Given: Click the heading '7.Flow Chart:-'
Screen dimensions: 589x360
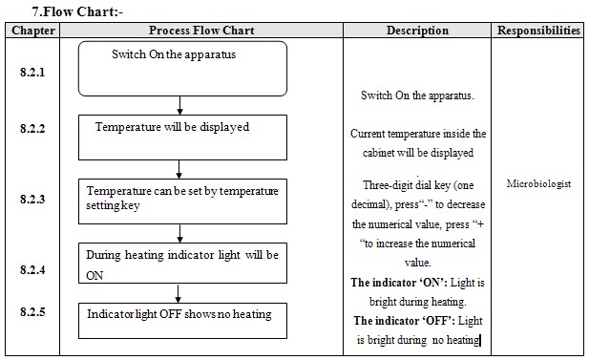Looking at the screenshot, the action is [x=77, y=11].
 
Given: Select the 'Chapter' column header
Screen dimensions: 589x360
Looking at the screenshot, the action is [x=33, y=31].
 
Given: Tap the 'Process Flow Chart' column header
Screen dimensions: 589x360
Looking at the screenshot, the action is [x=201, y=31].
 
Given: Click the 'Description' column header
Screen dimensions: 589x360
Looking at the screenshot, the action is [x=417, y=31].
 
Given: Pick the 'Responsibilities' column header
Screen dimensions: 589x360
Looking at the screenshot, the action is [x=538, y=31].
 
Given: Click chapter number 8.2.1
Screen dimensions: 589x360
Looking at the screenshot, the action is [x=32, y=72].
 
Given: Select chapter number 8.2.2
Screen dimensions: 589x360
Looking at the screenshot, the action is [x=32, y=129].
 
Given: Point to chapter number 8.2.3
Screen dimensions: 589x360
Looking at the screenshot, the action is [x=32, y=199].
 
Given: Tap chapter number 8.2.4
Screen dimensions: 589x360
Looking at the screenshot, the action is [x=32, y=269].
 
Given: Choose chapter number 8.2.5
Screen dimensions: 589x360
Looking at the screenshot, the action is [x=32, y=311].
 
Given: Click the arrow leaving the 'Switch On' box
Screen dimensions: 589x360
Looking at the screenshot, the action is [x=179, y=106].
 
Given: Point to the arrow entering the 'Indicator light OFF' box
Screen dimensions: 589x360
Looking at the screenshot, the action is [x=179, y=293].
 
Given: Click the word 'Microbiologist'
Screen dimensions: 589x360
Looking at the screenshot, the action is [x=538, y=183].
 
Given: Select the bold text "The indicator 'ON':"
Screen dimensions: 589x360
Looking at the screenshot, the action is [x=399, y=283].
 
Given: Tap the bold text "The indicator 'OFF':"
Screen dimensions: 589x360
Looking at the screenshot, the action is [x=404, y=321].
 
